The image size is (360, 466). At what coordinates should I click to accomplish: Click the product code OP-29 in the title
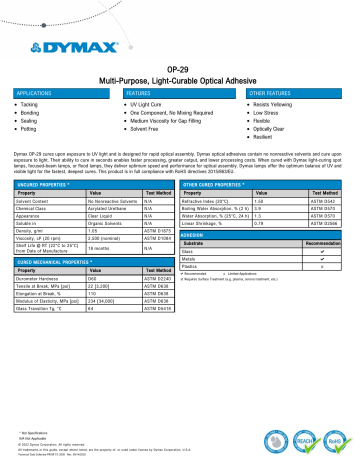click(179, 63)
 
